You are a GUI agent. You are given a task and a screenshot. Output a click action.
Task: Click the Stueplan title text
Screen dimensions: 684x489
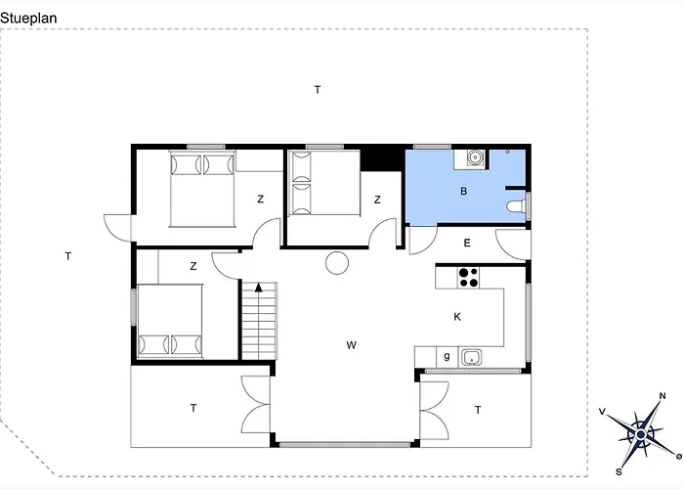click(x=28, y=19)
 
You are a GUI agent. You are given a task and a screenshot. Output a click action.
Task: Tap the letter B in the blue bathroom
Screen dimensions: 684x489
click(x=464, y=192)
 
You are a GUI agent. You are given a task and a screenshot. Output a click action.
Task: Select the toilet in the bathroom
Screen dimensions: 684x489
click(x=517, y=206)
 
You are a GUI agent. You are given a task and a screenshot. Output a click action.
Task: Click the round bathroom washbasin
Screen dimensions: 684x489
click(x=475, y=156)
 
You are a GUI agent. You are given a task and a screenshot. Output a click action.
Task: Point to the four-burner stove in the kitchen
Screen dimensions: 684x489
click(x=468, y=278)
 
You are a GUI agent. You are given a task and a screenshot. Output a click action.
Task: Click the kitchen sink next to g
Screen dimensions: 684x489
click(x=472, y=358)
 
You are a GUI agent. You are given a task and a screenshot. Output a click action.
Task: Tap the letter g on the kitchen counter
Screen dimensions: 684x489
click(x=447, y=356)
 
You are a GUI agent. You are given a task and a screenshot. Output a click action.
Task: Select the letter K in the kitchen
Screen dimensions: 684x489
click(x=457, y=317)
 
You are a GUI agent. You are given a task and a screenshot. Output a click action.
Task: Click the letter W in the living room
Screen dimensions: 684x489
click(x=351, y=345)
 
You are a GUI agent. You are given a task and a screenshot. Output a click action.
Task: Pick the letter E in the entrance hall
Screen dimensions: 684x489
click(x=467, y=244)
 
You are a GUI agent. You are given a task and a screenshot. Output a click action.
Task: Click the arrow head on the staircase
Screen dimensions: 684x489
click(x=259, y=287)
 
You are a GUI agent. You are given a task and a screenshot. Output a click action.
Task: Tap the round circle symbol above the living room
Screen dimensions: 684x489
click(x=337, y=263)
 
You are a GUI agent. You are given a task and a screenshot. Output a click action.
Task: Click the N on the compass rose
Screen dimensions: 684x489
click(x=663, y=396)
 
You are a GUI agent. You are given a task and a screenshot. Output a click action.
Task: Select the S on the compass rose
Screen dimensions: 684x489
click(x=619, y=472)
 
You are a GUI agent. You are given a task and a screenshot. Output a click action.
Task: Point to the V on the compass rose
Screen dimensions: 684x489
click(x=603, y=412)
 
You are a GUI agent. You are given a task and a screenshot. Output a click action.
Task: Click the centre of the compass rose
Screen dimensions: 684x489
click(x=640, y=434)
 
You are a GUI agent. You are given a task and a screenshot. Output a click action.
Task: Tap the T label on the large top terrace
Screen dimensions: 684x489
click(x=318, y=90)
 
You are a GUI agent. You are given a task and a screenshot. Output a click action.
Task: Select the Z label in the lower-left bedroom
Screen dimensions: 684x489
click(x=193, y=266)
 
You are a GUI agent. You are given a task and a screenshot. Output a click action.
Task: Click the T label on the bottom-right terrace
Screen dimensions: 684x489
click(x=478, y=410)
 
